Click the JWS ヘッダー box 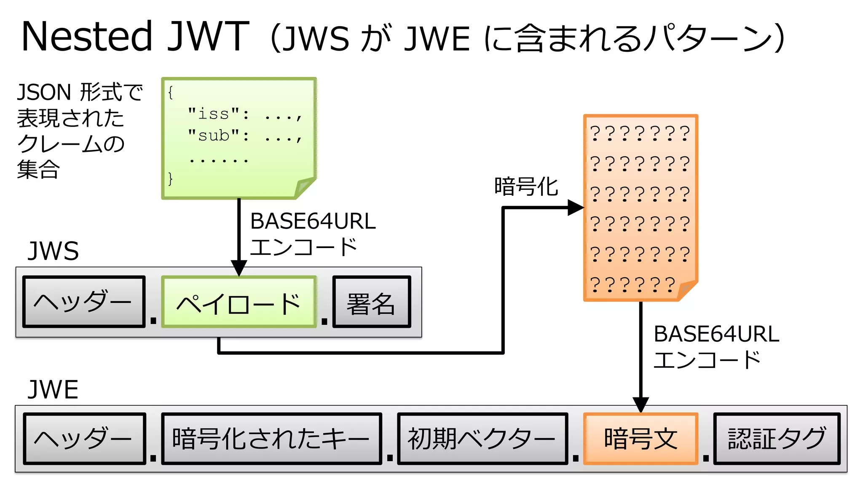(84, 302)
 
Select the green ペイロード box (239, 302)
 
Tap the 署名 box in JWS (371, 302)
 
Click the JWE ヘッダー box (84, 439)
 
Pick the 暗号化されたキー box (271, 439)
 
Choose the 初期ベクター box (482, 439)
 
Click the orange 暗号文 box (641, 439)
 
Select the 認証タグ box (777, 439)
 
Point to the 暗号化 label (526, 186)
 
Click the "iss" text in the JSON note (214, 113)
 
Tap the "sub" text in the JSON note (214, 135)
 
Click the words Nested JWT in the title (135, 37)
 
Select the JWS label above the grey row (53, 251)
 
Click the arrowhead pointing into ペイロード (239, 268)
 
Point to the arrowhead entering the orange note (575, 208)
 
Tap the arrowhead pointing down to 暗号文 (641, 405)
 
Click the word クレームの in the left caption (71, 144)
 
